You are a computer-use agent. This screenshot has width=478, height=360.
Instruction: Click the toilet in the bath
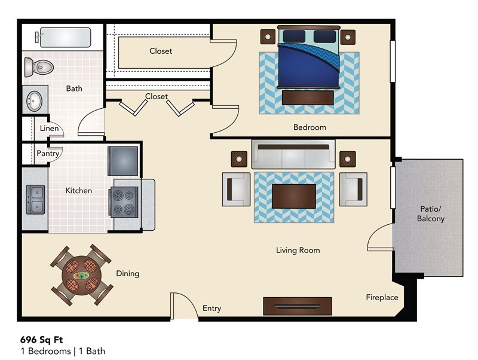tap(40, 66)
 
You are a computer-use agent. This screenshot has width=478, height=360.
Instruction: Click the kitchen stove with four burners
tap(124, 201)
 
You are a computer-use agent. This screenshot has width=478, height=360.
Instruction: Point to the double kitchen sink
tap(35, 200)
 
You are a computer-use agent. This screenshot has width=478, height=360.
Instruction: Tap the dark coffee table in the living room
tap(293, 196)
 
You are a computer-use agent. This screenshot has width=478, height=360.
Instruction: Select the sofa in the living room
tap(293, 156)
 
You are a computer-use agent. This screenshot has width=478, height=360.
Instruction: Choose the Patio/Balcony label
tap(430, 214)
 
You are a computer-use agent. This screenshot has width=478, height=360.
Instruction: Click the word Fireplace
tap(382, 297)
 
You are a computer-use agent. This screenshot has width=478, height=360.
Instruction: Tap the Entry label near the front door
tap(212, 309)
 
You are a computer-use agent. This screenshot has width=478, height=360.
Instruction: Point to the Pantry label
tap(48, 154)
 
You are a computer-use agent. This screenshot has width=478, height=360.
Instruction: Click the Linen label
tap(50, 129)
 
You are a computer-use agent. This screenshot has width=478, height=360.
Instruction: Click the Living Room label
tap(298, 250)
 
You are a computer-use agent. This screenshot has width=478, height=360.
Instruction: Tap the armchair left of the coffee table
tap(236, 189)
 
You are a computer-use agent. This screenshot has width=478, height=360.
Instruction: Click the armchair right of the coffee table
tap(353, 189)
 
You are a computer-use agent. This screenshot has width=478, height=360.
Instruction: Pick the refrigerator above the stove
tap(123, 161)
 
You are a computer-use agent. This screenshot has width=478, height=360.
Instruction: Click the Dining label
tap(127, 274)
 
